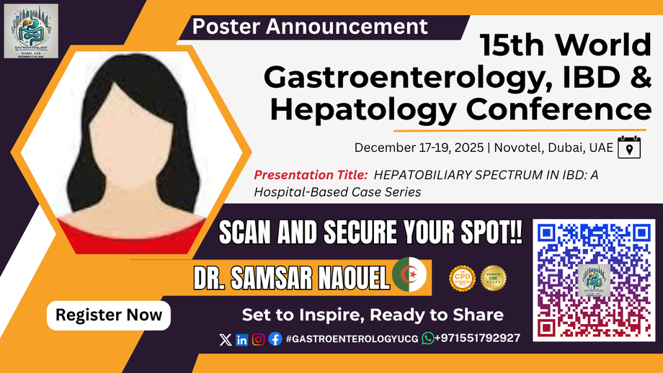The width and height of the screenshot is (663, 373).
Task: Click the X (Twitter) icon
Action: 225,339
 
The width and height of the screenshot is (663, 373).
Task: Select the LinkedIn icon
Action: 241,339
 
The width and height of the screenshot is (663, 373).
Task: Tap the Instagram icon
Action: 258,339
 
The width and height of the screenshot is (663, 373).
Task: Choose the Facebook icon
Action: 275,339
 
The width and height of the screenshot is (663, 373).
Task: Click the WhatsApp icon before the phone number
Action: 428,338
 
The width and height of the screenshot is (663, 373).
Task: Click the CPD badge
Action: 462,278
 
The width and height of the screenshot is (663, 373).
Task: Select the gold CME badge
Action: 494,278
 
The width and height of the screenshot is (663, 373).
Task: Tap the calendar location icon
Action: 628,147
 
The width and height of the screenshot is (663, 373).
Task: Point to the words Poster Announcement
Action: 311,27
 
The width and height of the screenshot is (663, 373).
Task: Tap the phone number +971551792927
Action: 478,338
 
